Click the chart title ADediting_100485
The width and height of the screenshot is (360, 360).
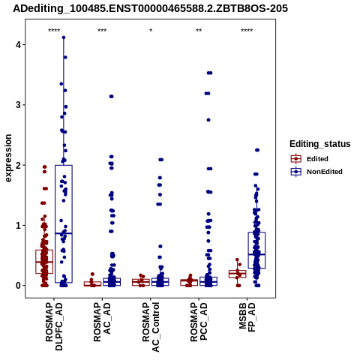(x=150, y=9)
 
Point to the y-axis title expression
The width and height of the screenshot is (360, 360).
(x=8, y=158)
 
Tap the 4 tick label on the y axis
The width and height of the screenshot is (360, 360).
(x=18, y=45)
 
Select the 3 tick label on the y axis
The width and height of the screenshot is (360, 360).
(x=18, y=105)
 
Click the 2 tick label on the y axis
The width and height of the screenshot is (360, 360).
(x=18, y=165)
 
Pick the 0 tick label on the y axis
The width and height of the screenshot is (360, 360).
(x=18, y=286)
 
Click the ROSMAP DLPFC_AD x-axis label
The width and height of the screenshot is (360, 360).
(x=54, y=326)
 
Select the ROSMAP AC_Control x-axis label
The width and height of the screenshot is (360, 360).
(x=151, y=327)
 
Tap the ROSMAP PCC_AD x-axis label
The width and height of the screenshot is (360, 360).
(x=199, y=322)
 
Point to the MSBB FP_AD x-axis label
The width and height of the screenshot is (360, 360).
(x=247, y=317)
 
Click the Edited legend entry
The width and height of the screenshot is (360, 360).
(x=310, y=159)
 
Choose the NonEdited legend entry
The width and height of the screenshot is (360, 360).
(x=316, y=172)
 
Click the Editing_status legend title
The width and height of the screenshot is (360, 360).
(x=320, y=144)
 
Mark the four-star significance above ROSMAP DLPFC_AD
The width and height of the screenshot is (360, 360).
(x=54, y=31)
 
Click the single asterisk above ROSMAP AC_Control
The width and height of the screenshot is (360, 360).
(x=151, y=31)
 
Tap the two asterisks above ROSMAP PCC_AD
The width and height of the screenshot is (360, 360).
(x=199, y=31)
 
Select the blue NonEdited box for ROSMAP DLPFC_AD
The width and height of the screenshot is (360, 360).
(x=64, y=165)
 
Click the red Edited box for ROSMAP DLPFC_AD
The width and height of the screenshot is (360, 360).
(x=44, y=250)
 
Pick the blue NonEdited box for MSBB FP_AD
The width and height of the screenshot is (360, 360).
(x=256, y=232)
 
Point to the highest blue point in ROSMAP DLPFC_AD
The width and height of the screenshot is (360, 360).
(x=64, y=37)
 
